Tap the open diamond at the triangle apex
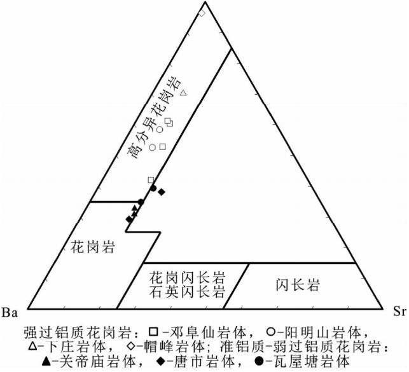(x=202, y=13)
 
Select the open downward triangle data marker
(x=183, y=94)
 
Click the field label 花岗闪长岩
(x=188, y=277)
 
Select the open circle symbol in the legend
(x=271, y=331)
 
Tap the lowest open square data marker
(x=151, y=180)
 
